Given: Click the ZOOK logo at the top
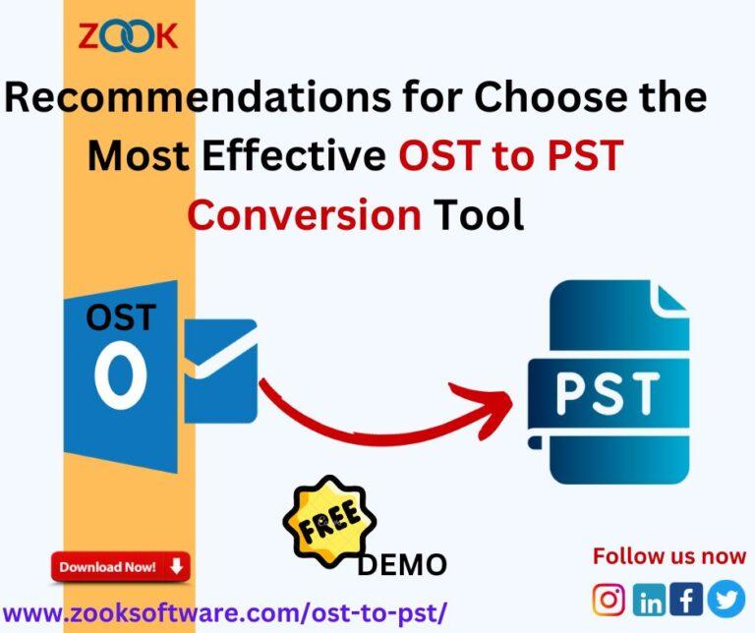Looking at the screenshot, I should (128, 36).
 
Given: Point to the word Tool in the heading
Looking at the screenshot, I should (476, 213).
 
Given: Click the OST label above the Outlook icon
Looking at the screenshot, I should (120, 317).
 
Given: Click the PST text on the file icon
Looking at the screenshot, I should (606, 392).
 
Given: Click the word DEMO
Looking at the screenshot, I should (401, 564).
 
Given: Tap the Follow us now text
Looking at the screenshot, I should (668, 557).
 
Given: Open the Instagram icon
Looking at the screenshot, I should (609, 599).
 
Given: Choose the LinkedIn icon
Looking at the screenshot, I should (649, 599).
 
